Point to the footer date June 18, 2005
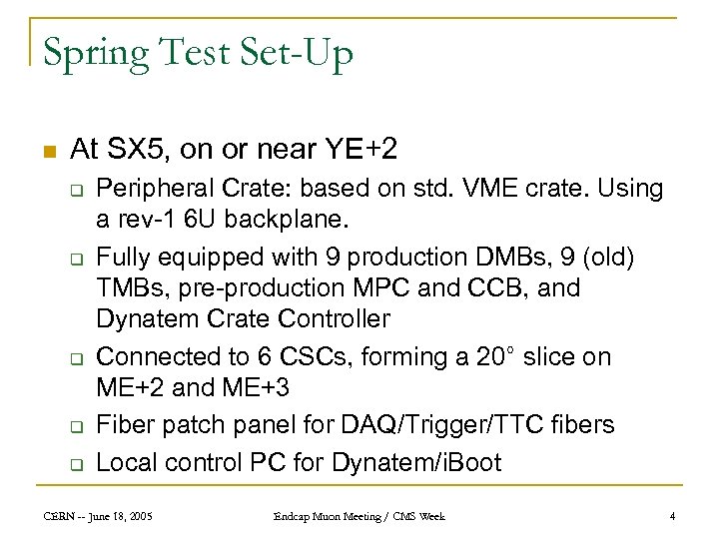click(132, 516)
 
